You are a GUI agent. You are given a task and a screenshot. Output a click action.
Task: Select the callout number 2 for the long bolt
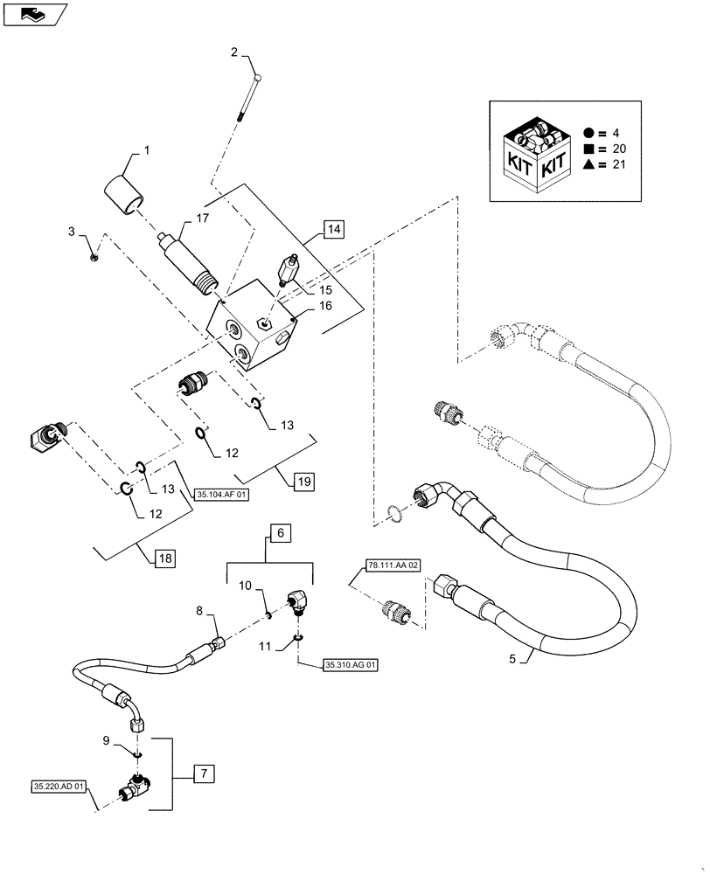[x=234, y=52]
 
